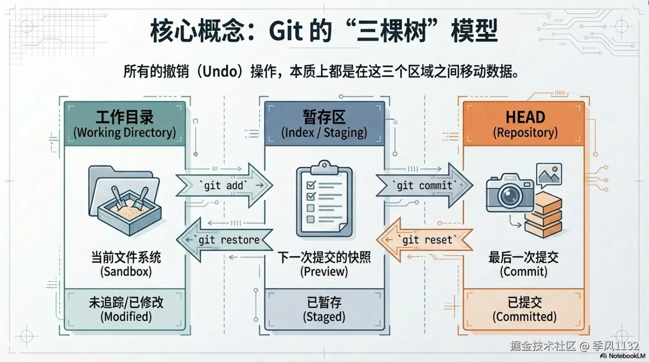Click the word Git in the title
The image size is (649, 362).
[286, 31]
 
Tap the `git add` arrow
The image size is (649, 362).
[224, 185]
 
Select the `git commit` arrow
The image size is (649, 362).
[425, 185]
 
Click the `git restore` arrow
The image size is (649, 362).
[224, 240]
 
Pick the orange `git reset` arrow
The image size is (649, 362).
[425, 240]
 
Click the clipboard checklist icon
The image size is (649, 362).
[324, 199]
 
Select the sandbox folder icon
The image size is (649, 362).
[125, 200]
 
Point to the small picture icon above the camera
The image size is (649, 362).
[549, 176]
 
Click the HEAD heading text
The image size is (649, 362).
[525, 117]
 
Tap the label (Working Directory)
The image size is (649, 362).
[124, 133]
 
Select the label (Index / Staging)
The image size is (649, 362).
[324, 133]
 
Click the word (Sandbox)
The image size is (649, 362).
[126, 272]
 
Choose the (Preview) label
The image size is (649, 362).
[324, 272]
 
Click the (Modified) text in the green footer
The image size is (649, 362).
[126, 316]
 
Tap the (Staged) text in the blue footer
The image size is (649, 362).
[324, 316]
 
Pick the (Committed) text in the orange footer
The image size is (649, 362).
[525, 316]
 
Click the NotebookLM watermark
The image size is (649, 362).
[623, 356]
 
